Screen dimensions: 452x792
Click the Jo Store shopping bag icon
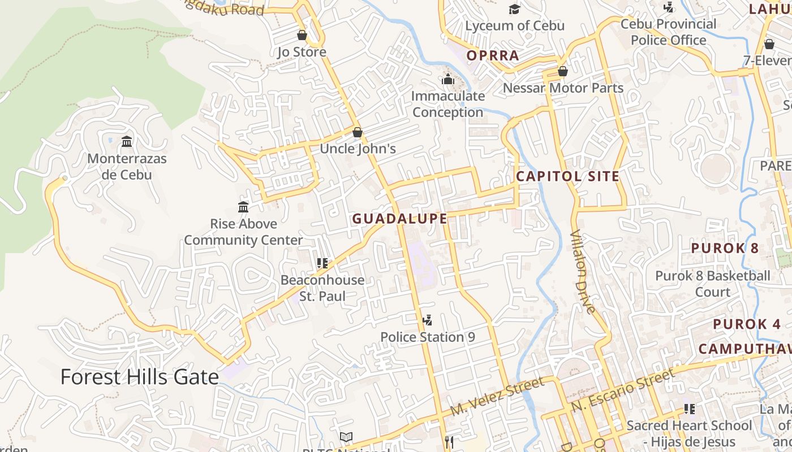(x=302, y=36)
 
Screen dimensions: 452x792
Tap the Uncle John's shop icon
(x=358, y=133)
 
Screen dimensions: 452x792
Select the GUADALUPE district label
(x=400, y=219)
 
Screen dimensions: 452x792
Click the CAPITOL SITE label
(x=568, y=176)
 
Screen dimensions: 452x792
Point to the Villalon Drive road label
(x=583, y=272)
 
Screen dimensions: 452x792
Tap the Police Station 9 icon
(x=428, y=320)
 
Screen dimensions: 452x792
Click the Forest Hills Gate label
(x=139, y=377)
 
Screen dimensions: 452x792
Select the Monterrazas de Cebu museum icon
(x=127, y=141)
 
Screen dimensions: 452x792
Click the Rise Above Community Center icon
(x=243, y=207)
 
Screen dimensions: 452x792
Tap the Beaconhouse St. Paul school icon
(x=322, y=263)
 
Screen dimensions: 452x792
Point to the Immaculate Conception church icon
(x=448, y=79)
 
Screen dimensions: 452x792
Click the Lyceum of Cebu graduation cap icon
(x=514, y=10)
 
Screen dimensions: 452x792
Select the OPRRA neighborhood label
(x=493, y=55)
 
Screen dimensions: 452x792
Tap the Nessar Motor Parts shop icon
(x=563, y=71)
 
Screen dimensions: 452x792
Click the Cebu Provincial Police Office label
(x=669, y=32)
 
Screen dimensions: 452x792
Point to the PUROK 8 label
(x=725, y=248)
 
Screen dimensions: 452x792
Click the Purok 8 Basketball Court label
(x=713, y=284)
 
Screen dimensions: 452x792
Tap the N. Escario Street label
(x=623, y=390)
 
